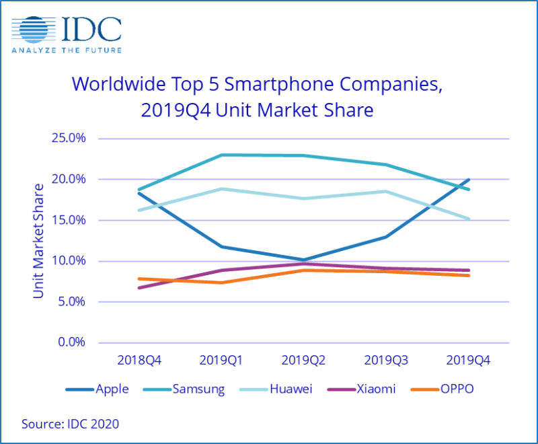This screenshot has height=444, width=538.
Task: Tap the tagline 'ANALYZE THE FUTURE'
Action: (x=67, y=49)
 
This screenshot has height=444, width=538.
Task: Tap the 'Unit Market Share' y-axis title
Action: (x=38, y=241)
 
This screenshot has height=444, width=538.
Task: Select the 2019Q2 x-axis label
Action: (x=303, y=361)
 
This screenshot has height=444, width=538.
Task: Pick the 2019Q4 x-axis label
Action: (x=468, y=361)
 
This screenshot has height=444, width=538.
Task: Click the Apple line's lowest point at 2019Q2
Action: (x=303, y=260)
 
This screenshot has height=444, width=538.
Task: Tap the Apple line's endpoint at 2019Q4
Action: (x=469, y=180)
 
